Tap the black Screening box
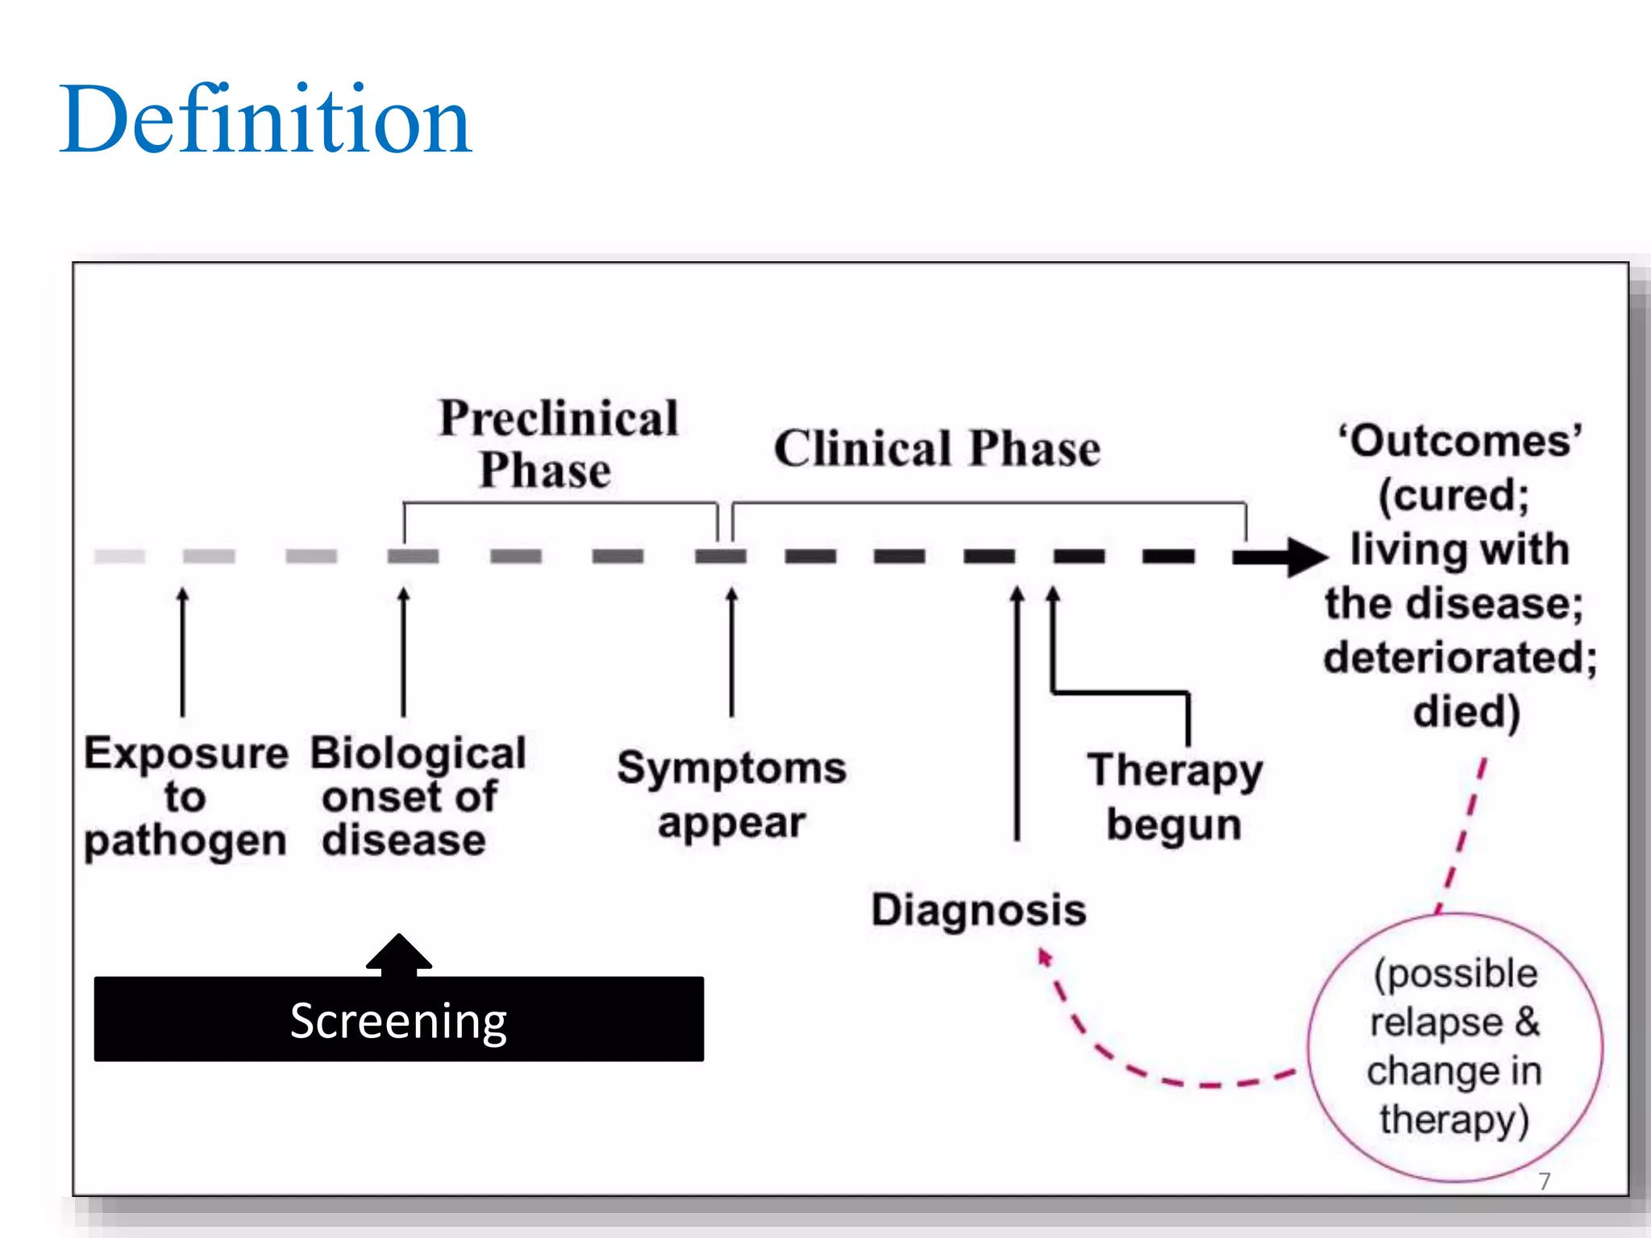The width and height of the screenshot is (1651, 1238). click(x=398, y=1020)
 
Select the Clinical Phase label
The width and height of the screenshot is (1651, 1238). click(x=937, y=448)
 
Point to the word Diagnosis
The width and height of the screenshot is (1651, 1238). click(x=979, y=911)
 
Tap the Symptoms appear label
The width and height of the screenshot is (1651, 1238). click(x=731, y=794)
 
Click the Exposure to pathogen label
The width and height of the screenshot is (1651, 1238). click(x=185, y=796)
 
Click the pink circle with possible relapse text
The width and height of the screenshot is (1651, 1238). click(x=1454, y=1048)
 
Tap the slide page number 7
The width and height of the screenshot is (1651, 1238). click(x=1544, y=1181)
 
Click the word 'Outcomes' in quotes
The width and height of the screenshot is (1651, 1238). click(x=1460, y=442)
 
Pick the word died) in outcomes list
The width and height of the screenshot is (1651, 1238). click(x=1466, y=712)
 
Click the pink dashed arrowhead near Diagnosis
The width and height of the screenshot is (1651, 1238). click(x=1044, y=957)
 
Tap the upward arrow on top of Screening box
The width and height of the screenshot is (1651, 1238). click(x=399, y=953)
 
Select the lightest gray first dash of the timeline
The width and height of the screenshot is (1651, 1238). click(x=119, y=556)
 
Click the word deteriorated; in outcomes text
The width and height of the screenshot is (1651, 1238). click(x=1460, y=658)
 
